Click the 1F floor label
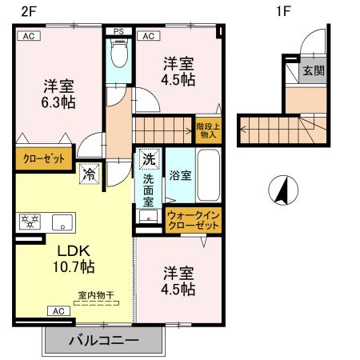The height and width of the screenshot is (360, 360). pyautogui.click(x=283, y=11)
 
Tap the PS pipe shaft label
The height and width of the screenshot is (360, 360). pyautogui.click(x=118, y=33)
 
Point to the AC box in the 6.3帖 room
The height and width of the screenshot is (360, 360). pyautogui.click(x=28, y=36)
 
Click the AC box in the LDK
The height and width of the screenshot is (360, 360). pyautogui.click(x=58, y=310)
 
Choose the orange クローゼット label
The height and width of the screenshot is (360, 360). pyautogui.click(x=44, y=158)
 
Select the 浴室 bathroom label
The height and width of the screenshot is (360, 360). pyautogui.click(x=179, y=175)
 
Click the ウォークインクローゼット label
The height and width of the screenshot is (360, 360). pyautogui.click(x=193, y=221)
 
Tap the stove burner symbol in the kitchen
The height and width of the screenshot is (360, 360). pyautogui.click(x=30, y=222)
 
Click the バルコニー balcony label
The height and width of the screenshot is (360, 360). pyautogui.click(x=102, y=340)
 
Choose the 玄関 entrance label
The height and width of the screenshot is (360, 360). pyautogui.click(x=311, y=70)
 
